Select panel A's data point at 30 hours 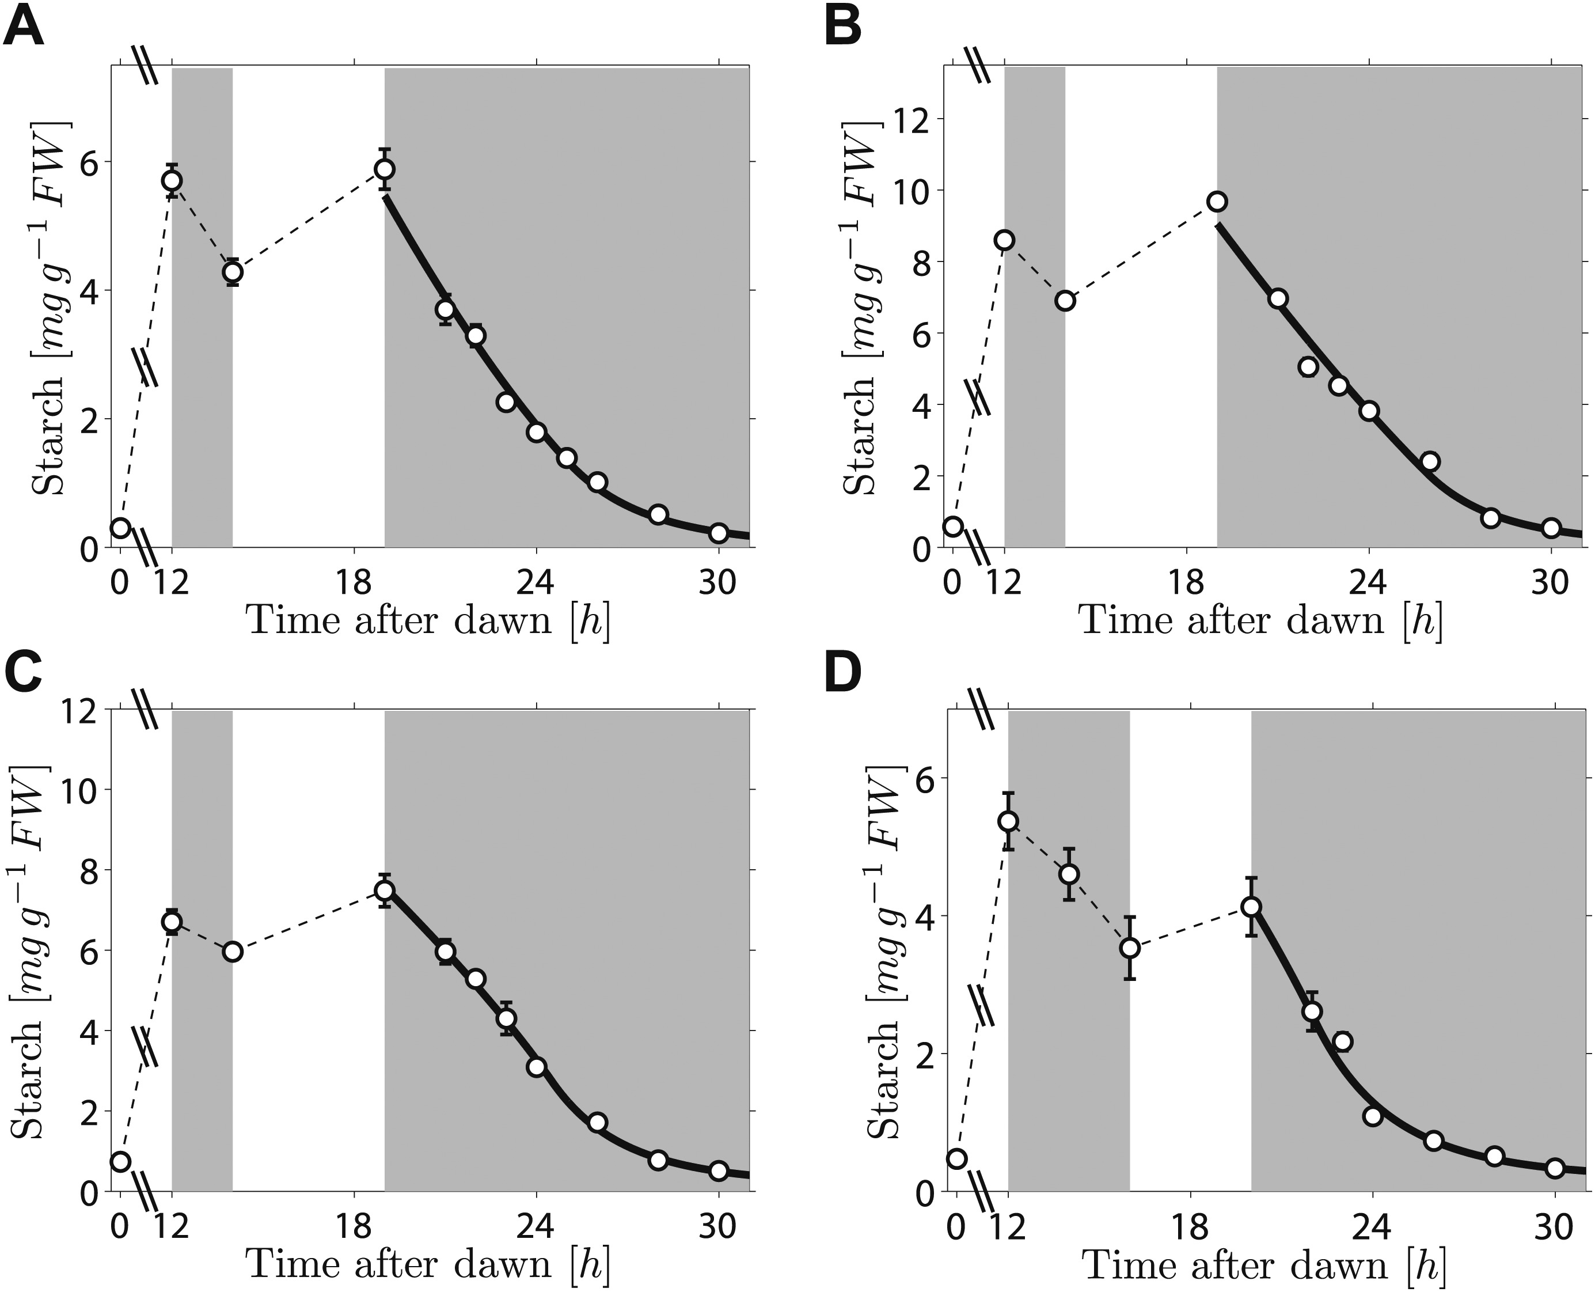tap(719, 533)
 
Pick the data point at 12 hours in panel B tap(1005, 240)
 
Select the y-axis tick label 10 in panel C tap(82, 790)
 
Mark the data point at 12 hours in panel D tap(1009, 821)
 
